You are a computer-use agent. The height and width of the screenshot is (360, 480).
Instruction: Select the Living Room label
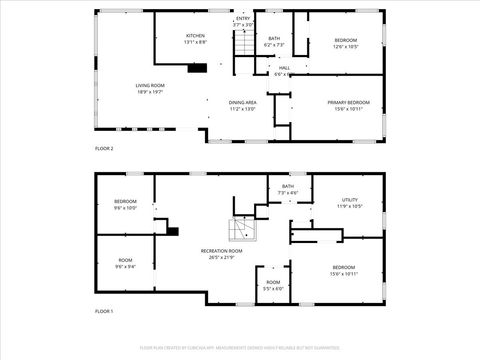pyautogui.click(x=150, y=88)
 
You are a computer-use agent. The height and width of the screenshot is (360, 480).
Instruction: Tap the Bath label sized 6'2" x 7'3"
pyautogui.click(x=274, y=42)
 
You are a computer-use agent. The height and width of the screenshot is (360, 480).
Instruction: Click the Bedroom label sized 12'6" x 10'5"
pyautogui.click(x=345, y=42)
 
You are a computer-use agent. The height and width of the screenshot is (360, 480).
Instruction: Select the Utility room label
pyautogui.click(x=349, y=203)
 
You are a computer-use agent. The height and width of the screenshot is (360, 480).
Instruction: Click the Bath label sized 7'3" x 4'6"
pyautogui.click(x=288, y=189)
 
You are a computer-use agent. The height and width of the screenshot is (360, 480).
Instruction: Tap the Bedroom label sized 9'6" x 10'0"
pyautogui.click(x=125, y=206)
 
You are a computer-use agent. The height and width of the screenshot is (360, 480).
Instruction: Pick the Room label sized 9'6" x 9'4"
pyautogui.click(x=125, y=262)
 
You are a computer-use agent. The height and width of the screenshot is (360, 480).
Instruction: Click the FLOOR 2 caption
pyautogui.click(x=104, y=148)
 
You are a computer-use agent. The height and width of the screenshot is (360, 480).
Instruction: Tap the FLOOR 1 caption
pyautogui.click(x=104, y=312)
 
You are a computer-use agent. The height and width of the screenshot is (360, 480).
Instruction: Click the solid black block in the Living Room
pyautogui.click(x=197, y=68)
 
